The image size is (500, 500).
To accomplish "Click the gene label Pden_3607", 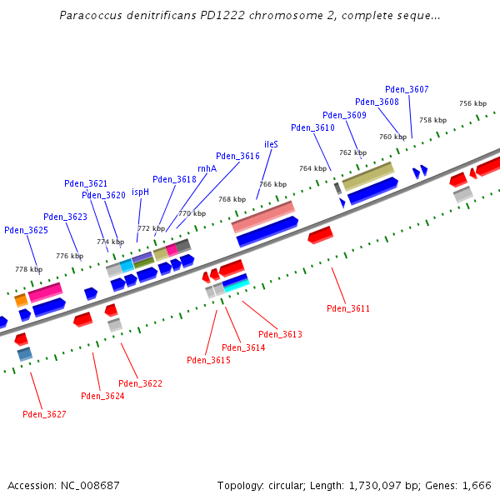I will (407, 89).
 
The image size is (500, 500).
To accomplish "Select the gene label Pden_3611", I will (348, 308).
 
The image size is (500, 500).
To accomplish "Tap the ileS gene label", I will (271, 144).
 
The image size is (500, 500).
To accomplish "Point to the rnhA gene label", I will (207, 168).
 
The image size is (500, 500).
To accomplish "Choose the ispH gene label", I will (140, 192).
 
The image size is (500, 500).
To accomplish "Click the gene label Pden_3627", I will (44, 414).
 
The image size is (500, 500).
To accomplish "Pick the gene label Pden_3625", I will (26, 230).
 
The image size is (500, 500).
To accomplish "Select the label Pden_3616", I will (237, 156).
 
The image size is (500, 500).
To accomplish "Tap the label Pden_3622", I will (140, 383).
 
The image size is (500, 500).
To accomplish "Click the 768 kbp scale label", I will (232, 199).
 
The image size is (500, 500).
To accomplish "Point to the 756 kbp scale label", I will (472, 103).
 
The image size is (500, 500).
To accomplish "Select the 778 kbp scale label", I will (28, 269).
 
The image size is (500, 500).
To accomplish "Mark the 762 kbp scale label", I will (352, 152).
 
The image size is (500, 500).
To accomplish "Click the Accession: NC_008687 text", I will (63, 485).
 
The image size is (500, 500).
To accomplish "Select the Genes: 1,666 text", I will (461, 485).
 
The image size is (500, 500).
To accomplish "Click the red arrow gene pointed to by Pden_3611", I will (320, 235).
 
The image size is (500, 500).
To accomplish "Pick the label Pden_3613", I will (280, 334).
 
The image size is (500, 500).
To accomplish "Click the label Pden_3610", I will (312, 127).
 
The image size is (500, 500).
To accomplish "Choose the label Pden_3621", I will (86, 183).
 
